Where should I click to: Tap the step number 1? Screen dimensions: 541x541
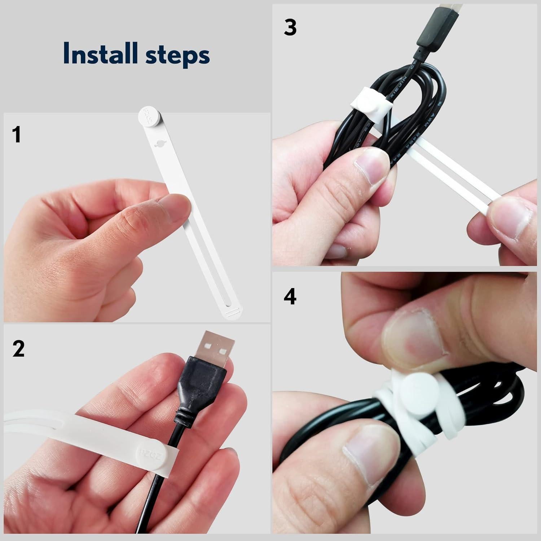pos(16,135)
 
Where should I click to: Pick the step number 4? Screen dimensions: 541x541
pos(290,297)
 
